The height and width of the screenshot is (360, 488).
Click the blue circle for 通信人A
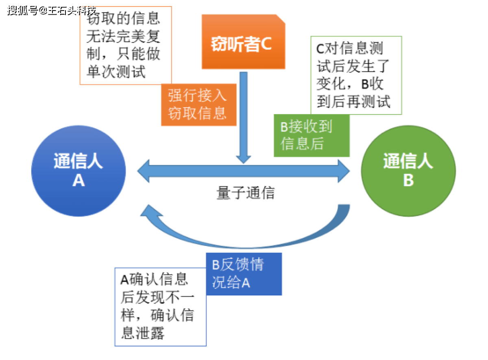pyautogui.click(x=78, y=171)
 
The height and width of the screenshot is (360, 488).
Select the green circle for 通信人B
pyautogui.click(x=408, y=171)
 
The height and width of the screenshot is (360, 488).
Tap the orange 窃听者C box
pyautogui.click(x=243, y=42)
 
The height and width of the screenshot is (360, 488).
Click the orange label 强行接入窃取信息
pyautogui.click(x=199, y=105)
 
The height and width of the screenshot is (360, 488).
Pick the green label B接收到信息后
pyautogui.click(x=312, y=135)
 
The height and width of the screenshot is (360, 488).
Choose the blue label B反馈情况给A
pyautogui.click(x=244, y=274)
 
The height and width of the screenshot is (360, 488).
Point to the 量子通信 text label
pyautogui.click(x=246, y=193)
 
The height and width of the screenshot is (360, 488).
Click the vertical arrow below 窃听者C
pyautogui.click(x=243, y=118)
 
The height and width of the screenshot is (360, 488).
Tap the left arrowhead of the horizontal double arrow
pyautogui.click(x=144, y=171)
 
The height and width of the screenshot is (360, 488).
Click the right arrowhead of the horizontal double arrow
pyautogui.click(x=344, y=171)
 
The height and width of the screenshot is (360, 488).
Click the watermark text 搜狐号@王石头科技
pyautogui.click(x=52, y=10)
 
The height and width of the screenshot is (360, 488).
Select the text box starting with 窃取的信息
pyautogui.click(x=126, y=45)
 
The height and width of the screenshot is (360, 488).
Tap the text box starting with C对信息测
pyautogui.click(x=356, y=75)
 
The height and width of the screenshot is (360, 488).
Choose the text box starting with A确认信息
pyautogui.click(x=160, y=307)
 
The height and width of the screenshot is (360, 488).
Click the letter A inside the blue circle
pyautogui.click(x=78, y=180)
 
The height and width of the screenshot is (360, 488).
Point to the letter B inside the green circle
pyautogui.click(x=408, y=180)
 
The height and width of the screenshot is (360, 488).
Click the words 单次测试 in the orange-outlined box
pyautogui.click(x=116, y=72)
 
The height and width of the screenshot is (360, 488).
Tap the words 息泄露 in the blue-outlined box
pyautogui.click(x=143, y=332)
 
